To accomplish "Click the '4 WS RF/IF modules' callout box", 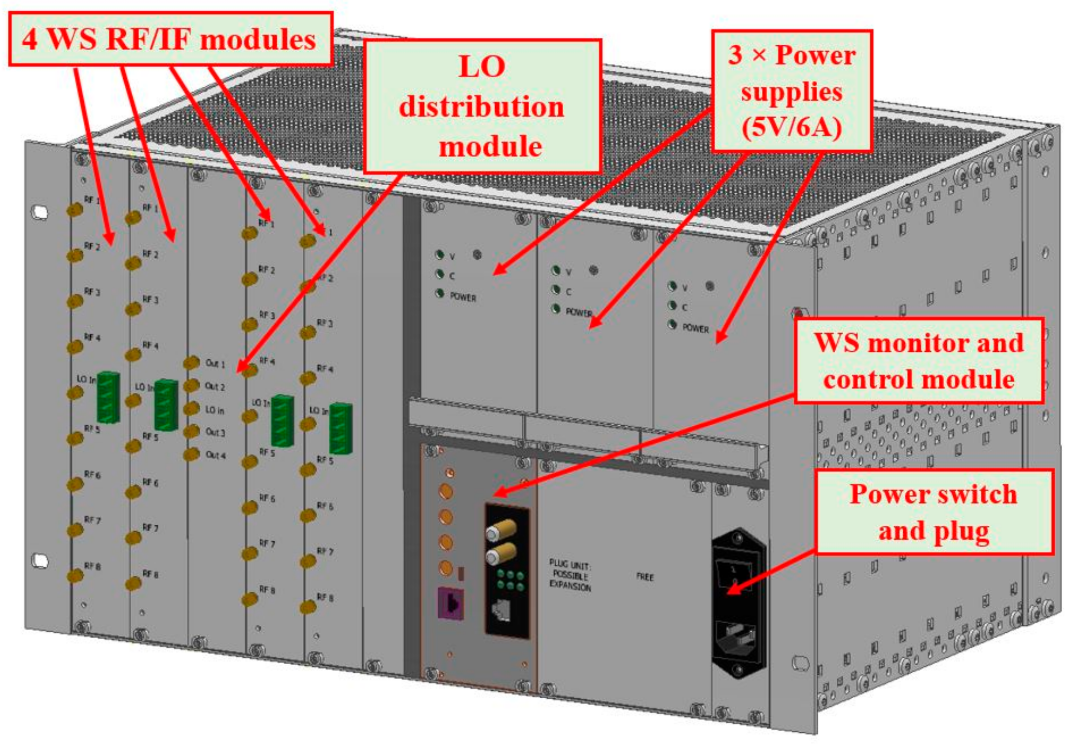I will [170, 39].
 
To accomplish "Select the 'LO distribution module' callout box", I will [482, 106].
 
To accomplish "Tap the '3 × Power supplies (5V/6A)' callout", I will [791, 91].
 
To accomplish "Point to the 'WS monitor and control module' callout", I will [919, 361].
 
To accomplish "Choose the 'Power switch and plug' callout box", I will [933, 511].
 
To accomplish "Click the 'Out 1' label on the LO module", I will [215, 364].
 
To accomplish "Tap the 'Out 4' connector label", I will [215, 455].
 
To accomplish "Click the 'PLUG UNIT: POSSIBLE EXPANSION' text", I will [570, 575].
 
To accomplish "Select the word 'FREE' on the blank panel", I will [644, 577].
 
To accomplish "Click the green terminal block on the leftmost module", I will [108, 397].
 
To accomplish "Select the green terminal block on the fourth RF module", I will [341, 428].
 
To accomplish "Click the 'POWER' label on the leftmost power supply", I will [463, 297].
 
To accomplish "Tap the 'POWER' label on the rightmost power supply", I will [695, 328].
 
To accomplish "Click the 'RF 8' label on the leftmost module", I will [92, 566].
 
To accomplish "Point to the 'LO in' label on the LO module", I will [214, 410].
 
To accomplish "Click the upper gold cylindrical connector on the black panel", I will [500, 531].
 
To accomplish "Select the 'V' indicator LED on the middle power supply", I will [556, 270].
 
